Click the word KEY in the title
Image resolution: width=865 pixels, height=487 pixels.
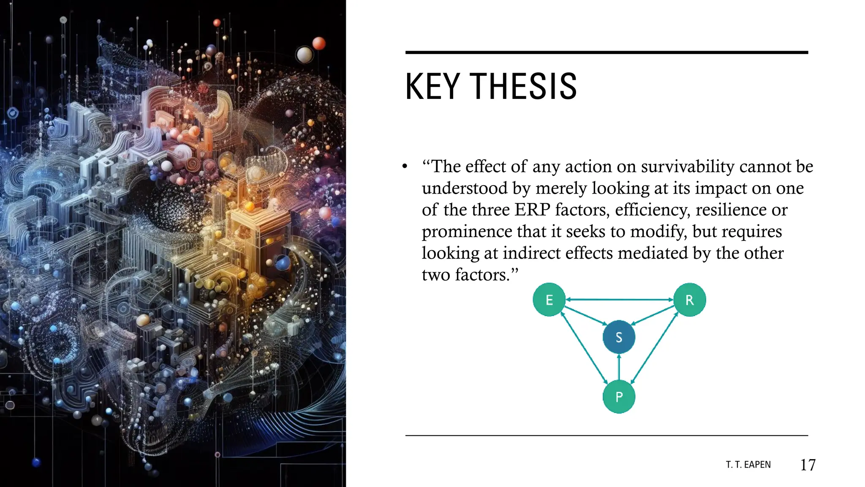(x=432, y=87)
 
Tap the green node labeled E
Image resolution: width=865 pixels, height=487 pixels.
(x=549, y=300)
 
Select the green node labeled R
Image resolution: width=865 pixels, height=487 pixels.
(x=689, y=300)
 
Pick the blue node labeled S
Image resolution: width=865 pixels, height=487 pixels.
(x=619, y=337)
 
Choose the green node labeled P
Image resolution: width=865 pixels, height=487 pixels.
(x=619, y=397)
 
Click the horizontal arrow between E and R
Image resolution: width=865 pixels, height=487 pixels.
(x=619, y=299)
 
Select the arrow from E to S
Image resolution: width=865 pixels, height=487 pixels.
(x=585, y=316)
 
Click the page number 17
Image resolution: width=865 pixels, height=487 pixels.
(x=808, y=465)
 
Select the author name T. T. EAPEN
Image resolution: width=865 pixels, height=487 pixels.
(x=748, y=465)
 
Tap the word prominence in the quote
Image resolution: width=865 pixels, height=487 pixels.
(x=467, y=232)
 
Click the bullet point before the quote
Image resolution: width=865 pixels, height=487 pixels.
(x=405, y=167)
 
